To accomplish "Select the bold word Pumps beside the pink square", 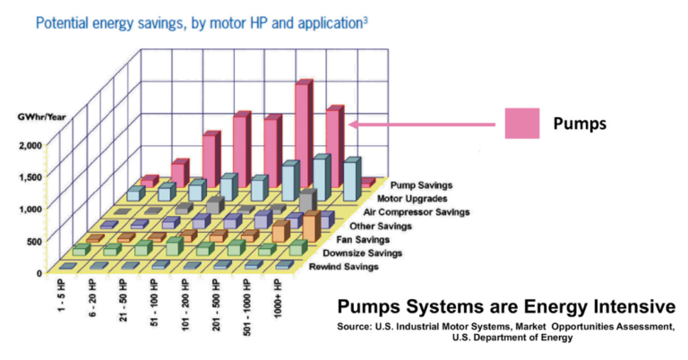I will pyautogui.click(x=580, y=124).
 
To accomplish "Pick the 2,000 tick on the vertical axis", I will pyautogui.click(x=30, y=145).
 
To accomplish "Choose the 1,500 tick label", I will pyautogui.click(x=30, y=176).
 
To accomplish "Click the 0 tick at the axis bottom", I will pyautogui.click(x=39, y=271).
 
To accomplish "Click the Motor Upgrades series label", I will pyautogui.click(x=415, y=198).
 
